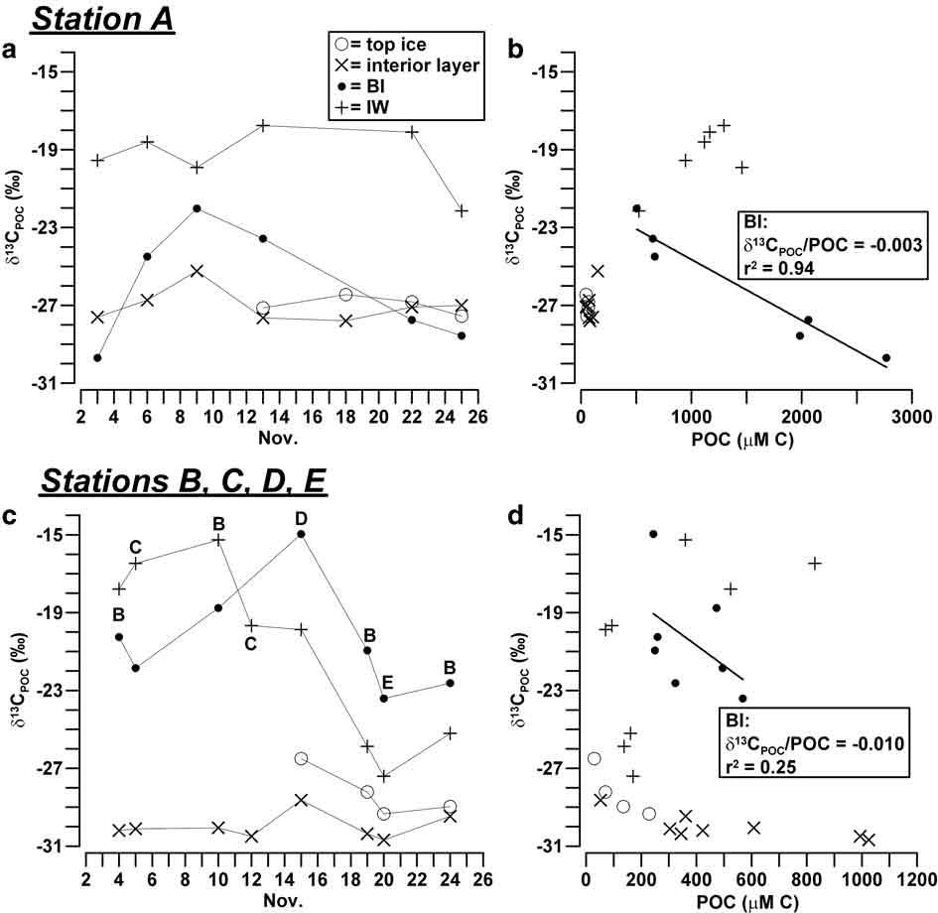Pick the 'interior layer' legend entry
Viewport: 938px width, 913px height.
click(x=407, y=65)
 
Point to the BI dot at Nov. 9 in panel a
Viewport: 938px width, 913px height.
click(x=197, y=208)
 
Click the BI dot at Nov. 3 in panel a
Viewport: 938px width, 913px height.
click(x=97, y=357)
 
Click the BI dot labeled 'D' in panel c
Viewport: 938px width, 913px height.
click(x=301, y=534)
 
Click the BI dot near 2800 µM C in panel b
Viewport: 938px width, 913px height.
click(x=885, y=357)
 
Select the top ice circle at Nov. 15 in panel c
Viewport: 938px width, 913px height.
click(x=301, y=758)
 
